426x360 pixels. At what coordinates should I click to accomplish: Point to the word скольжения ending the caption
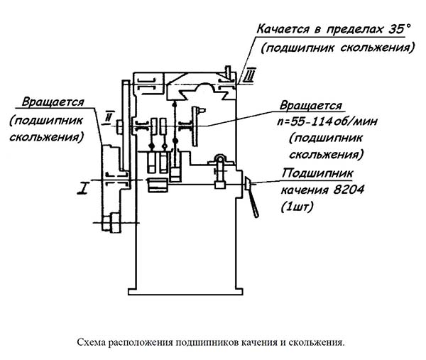click(319, 342)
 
